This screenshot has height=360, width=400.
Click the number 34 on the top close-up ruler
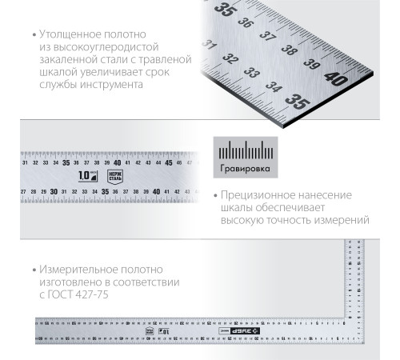click(x=274, y=86)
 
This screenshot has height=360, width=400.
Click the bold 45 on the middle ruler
click(x=168, y=162)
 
